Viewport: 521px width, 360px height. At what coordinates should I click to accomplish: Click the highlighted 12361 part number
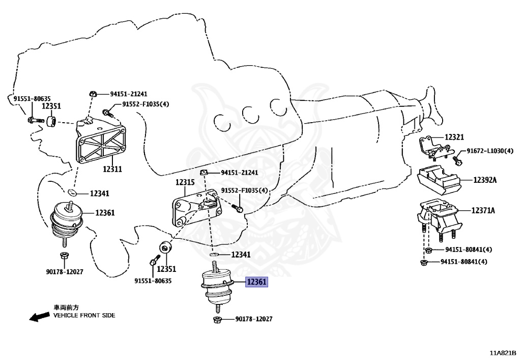pos(256,282)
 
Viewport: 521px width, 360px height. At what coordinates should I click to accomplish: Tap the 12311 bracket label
pos(112,169)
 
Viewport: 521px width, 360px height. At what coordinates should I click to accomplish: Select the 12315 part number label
pos(185,182)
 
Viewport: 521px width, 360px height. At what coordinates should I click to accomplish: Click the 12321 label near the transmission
pos(454,137)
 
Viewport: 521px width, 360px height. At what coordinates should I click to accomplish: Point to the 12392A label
pos(485,180)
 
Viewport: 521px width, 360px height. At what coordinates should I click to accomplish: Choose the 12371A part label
pos(483,210)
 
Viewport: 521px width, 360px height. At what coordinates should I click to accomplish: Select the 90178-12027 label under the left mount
pos(64,272)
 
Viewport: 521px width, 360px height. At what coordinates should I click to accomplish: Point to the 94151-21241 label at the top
pos(129,94)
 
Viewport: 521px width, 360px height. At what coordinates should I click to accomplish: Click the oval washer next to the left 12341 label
pos(73,192)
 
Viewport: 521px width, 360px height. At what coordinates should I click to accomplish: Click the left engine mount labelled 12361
pos(68,220)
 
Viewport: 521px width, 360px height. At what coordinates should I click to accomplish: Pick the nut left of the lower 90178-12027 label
pos(216,320)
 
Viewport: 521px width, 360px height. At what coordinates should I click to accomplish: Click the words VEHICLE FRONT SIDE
pos(84,315)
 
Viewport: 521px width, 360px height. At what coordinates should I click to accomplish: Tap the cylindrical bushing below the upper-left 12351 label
pos(51,122)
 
